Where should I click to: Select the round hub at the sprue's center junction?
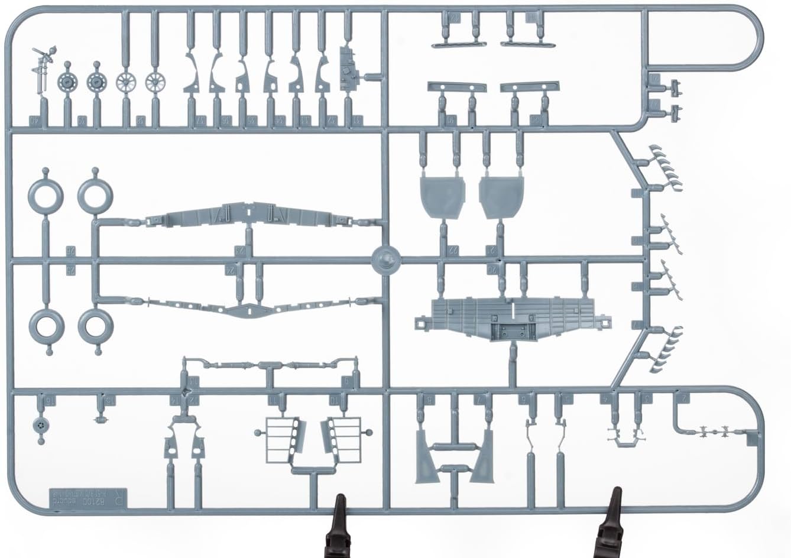(387, 259)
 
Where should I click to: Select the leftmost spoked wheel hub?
(126, 82)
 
